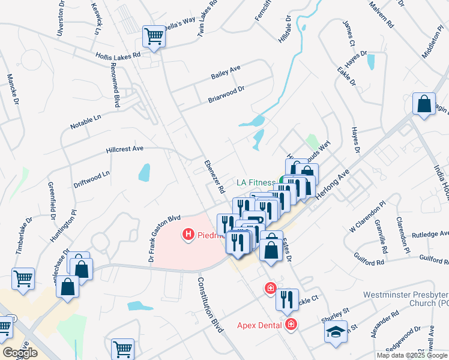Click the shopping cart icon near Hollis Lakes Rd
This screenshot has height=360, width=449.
tap(154, 37)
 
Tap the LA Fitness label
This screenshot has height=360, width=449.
tap(256, 182)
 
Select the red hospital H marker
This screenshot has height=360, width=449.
tap(188, 234)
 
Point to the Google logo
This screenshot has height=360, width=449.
tap(19, 353)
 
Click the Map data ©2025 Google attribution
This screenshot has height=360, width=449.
tap(412, 355)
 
